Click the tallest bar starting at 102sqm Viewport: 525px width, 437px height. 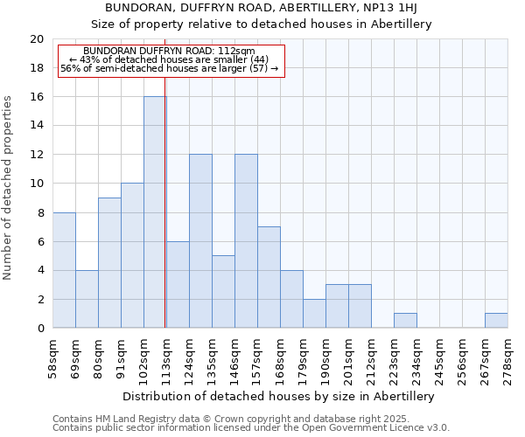coord(155,212)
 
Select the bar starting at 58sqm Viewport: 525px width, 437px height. coord(64,270)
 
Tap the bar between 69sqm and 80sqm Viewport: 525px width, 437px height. coord(87,299)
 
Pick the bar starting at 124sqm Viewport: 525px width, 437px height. coord(200,241)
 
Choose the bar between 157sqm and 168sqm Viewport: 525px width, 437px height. coord(269,277)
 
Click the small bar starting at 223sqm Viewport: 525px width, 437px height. coord(405,321)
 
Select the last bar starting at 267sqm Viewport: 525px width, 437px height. coord(496,321)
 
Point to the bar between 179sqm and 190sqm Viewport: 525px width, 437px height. coord(314,314)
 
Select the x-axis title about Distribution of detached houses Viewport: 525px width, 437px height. coord(280,396)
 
